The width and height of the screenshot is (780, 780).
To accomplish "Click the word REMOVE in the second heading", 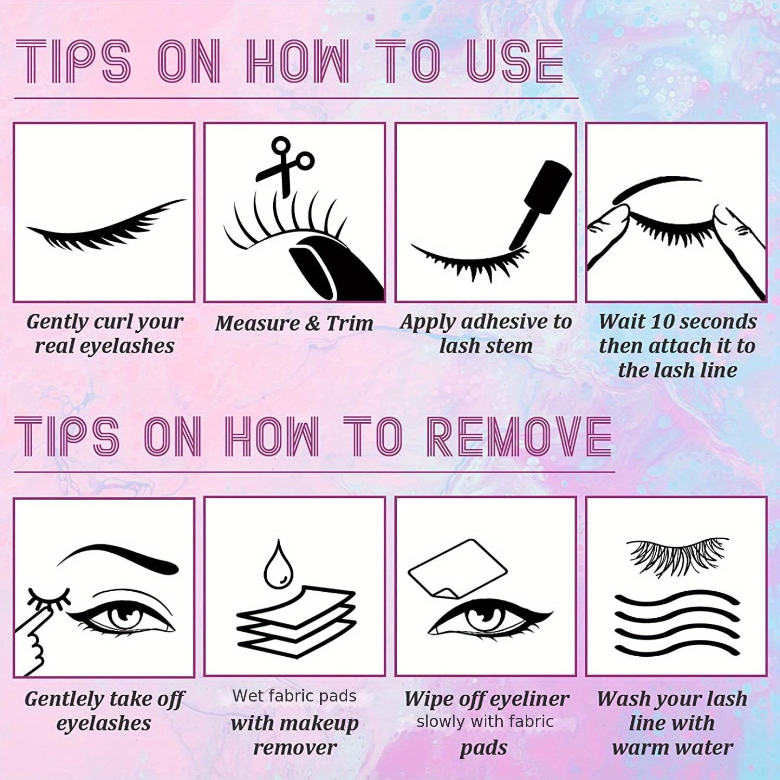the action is [519, 437].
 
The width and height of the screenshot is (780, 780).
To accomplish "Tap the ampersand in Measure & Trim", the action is [312, 324].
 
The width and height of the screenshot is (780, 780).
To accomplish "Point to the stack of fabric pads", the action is [297, 621].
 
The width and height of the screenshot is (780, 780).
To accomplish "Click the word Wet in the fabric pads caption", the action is [246, 696].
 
